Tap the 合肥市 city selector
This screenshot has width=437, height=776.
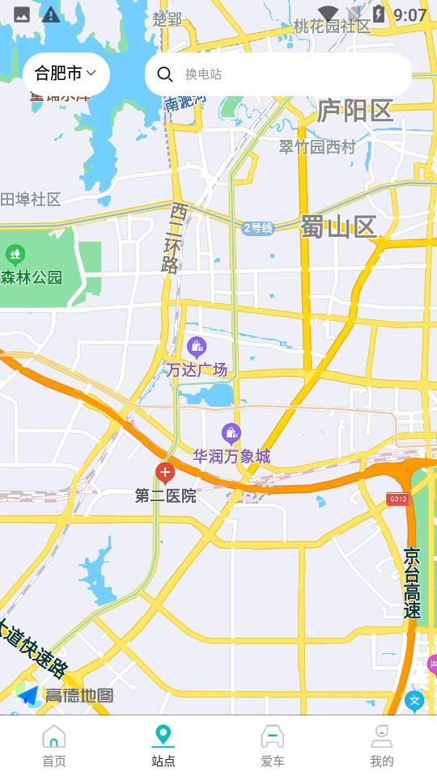tap(66, 74)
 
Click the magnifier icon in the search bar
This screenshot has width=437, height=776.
tap(165, 74)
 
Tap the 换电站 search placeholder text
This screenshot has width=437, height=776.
tap(204, 74)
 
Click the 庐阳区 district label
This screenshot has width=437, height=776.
tap(354, 111)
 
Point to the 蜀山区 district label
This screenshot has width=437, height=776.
tap(339, 227)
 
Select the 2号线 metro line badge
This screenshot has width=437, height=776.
tap(258, 228)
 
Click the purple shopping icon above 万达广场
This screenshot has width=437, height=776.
tap(196, 348)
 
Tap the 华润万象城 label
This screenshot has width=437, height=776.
tap(231, 457)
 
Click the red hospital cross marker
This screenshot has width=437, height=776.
tap(165, 473)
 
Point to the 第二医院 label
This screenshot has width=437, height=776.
tap(165, 496)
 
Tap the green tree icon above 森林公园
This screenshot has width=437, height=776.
tap(15, 255)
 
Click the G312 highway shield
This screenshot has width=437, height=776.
tap(397, 499)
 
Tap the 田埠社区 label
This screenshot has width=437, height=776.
tap(31, 200)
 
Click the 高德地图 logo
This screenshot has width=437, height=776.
tap(65, 695)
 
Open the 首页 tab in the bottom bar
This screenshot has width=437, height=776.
tap(54, 745)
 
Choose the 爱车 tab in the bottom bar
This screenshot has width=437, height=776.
tap(273, 745)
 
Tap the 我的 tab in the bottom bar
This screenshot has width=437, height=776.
tap(382, 745)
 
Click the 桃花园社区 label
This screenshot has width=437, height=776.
tap(332, 27)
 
